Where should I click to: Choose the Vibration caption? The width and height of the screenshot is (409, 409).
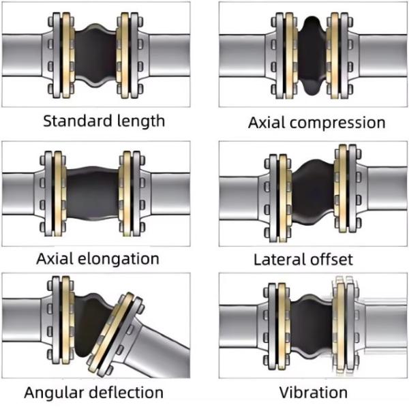[313, 393]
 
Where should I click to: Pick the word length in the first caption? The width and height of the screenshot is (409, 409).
[140, 121]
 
